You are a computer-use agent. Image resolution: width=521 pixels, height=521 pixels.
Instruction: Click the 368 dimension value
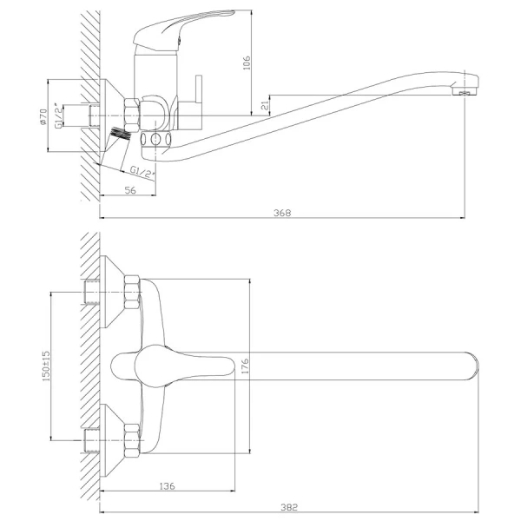coord(282,213)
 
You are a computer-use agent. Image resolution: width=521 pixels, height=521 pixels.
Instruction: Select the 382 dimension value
coord(289,507)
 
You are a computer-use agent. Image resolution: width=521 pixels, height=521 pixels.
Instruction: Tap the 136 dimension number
coord(167,486)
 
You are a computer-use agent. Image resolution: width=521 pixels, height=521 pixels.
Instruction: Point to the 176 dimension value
coord(245,366)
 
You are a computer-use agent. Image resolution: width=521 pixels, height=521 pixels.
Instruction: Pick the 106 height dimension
coord(247,63)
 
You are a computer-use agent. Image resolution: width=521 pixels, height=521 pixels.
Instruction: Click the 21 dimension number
coord(265,106)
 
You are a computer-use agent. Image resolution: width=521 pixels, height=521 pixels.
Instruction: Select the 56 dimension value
coord(130,190)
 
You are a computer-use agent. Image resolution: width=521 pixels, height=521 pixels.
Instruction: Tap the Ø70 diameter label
coord(43,116)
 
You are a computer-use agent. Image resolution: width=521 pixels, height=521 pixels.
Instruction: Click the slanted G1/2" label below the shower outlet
coord(143,172)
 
